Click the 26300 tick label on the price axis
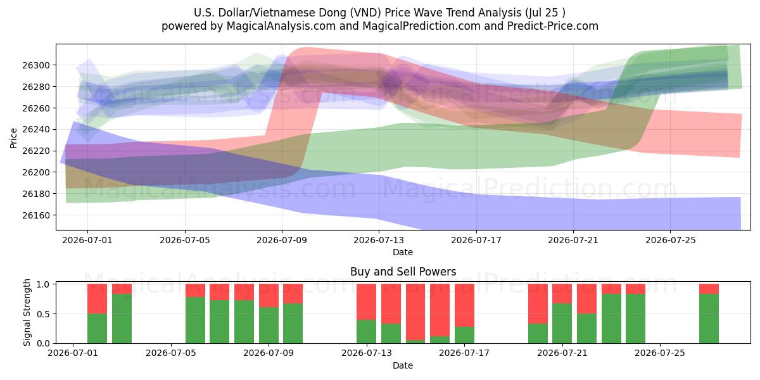36,65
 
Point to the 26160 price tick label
36,215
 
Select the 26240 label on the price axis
36,130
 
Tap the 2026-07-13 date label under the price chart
379,240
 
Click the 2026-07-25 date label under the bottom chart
660,353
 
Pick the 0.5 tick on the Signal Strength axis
43,314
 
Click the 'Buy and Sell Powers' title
403,272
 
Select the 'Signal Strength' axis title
27,312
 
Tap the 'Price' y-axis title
13,138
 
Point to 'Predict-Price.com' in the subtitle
553,26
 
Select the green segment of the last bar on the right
709,319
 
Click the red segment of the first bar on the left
97,298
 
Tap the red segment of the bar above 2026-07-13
367,302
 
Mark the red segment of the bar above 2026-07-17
464,305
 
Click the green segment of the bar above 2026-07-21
562,324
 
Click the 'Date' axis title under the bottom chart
403,365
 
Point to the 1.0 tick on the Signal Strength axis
43,284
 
